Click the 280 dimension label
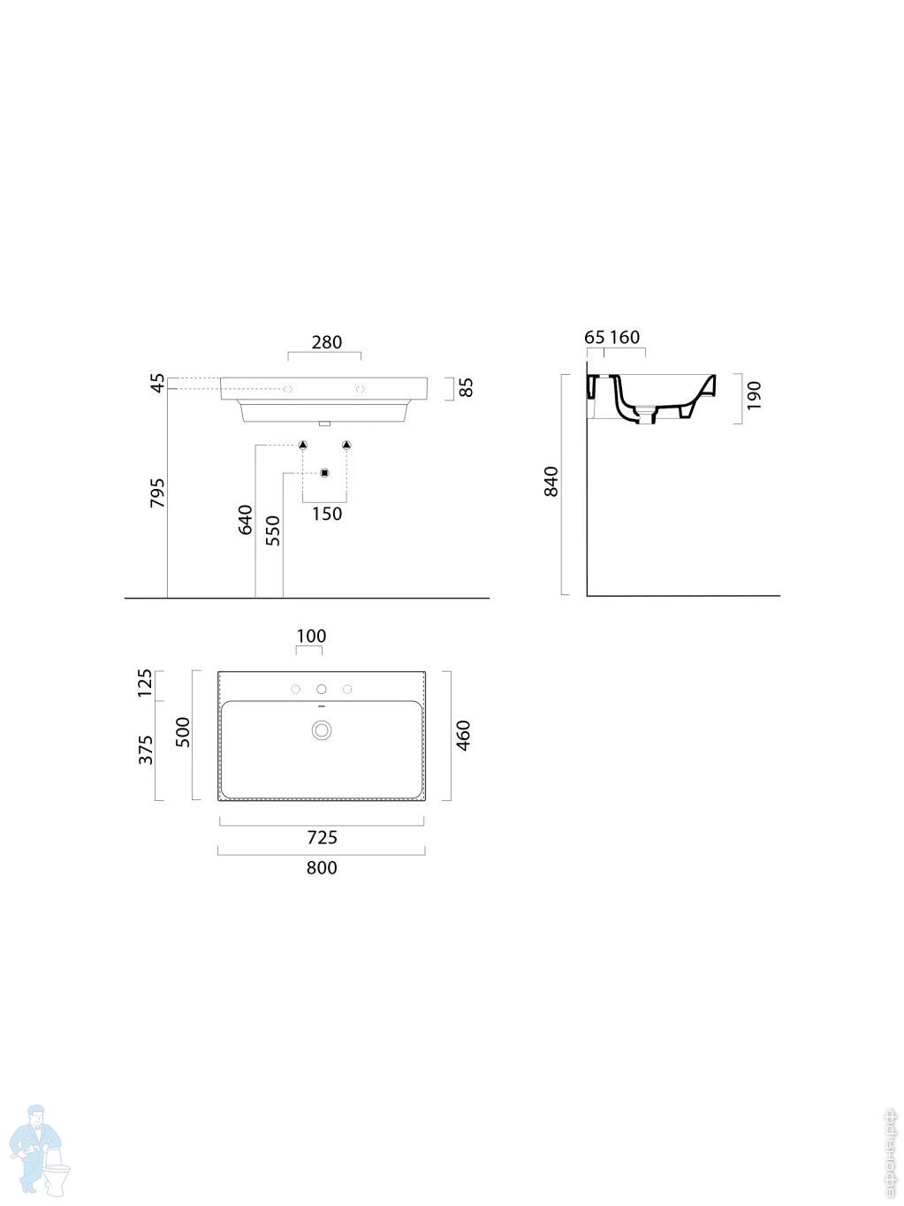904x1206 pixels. [326, 342]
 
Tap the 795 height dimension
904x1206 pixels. [158, 492]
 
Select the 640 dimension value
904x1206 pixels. [245, 519]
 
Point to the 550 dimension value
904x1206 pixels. [272, 530]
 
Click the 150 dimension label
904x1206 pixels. [326, 514]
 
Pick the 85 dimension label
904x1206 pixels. [467, 387]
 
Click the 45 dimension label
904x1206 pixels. [158, 383]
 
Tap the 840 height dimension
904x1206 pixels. [551, 481]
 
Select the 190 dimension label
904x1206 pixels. [754, 395]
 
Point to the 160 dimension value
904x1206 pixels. [625, 337]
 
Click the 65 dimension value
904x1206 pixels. [595, 337]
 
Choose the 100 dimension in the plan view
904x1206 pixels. [311, 636]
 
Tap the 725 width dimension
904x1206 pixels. [322, 837]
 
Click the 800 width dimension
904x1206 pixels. [322, 867]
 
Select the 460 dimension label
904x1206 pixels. [463, 736]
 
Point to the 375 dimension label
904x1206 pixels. [147, 750]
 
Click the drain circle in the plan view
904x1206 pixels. [322, 729]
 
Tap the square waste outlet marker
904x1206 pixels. [324, 473]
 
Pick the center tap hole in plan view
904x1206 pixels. [322, 689]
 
